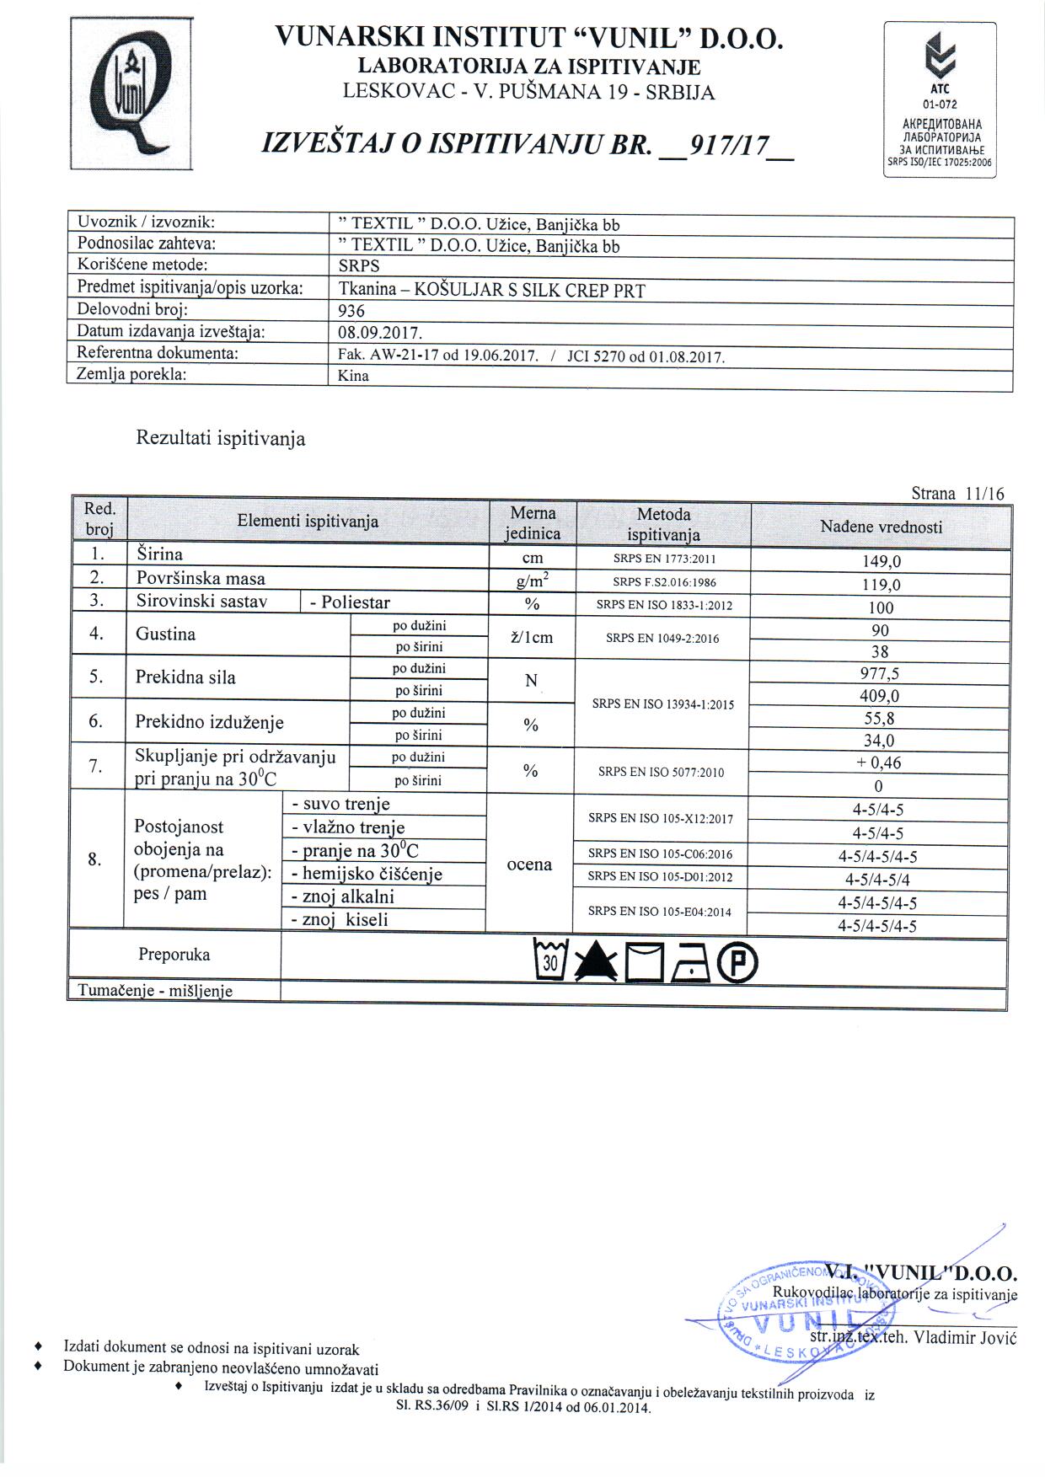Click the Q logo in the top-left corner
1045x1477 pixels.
click(x=131, y=94)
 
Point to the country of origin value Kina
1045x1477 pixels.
click(x=353, y=376)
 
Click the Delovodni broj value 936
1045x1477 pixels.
click(x=351, y=310)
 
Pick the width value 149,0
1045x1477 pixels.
click(x=878, y=562)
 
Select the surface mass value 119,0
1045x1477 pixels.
click(x=878, y=585)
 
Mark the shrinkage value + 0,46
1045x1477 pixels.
click(x=878, y=763)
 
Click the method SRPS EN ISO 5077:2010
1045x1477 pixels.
click(x=661, y=772)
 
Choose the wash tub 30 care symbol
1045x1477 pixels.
click(x=551, y=961)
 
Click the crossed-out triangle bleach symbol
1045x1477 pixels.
click(x=597, y=962)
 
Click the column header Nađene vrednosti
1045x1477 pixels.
click(x=881, y=527)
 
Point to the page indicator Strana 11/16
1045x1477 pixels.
click(x=957, y=494)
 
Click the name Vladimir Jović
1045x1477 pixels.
click(x=966, y=1337)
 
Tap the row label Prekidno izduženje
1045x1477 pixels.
click(x=209, y=723)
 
